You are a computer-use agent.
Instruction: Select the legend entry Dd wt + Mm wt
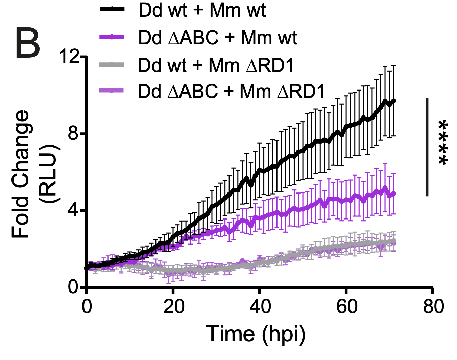[x=202, y=10]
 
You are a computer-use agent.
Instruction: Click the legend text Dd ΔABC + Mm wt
[x=217, y=37]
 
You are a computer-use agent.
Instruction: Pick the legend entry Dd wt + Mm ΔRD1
[x=216, y=65]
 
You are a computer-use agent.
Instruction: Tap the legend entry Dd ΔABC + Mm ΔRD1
[x=231, y=91]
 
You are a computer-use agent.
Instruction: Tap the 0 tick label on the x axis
[x=87, y=307]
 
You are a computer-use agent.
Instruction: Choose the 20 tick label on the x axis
[x=174, y=307]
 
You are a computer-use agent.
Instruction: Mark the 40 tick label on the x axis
[x=260, y=307]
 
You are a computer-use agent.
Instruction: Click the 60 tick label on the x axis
[x=346, y=307]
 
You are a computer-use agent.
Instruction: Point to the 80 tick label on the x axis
[x=433, y=307]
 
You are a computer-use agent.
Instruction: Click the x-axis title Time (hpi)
[x=256, y=334]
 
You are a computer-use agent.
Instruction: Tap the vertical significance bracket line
[x=427, y=147]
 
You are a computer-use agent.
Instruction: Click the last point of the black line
[x=393, y=101]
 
